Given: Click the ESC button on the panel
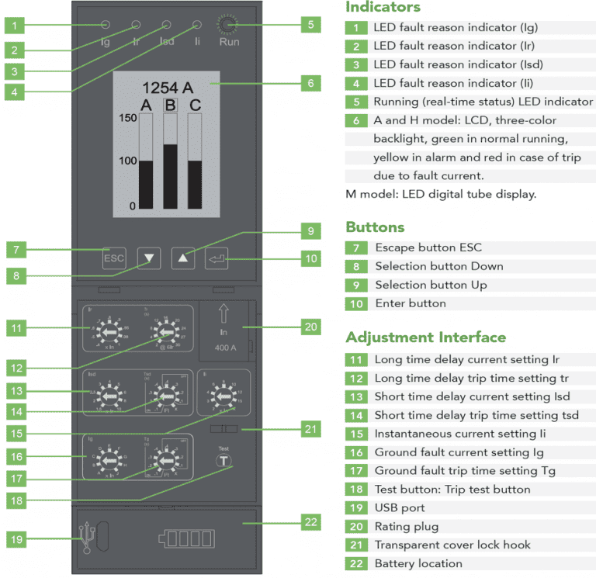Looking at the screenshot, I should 114,258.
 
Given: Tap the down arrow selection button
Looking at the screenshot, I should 149,258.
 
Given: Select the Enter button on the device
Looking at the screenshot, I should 217,258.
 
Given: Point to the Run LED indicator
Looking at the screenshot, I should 227,26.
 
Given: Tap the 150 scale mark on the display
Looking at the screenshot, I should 127,117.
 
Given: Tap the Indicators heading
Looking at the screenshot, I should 383,8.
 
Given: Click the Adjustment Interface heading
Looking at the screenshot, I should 425,337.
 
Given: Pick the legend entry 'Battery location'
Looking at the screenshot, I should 418,563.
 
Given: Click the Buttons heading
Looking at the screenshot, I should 375,227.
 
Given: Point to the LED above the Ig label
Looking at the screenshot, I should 106,26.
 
